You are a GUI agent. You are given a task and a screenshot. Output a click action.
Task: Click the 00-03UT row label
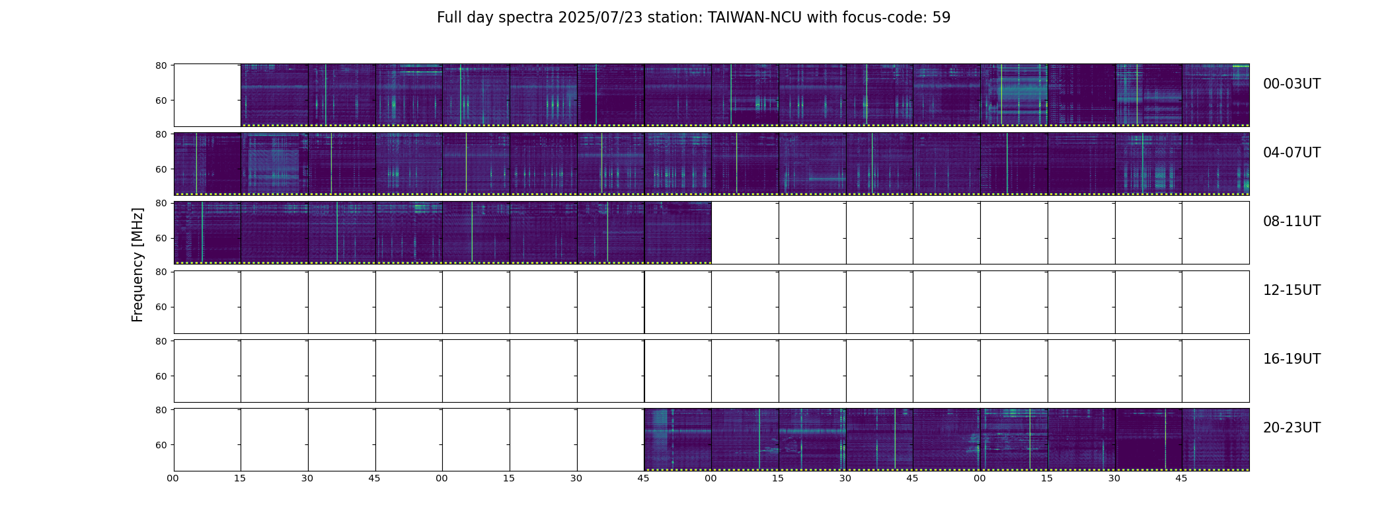coord(1292,84)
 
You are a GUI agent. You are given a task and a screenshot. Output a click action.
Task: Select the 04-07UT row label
coord(1292,153)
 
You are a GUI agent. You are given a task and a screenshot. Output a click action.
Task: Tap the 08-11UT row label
coord(1292,222)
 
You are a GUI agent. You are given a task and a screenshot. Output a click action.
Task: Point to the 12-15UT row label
coord(1292,290)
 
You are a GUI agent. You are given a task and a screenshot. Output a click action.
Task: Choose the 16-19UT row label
coord(1292,359)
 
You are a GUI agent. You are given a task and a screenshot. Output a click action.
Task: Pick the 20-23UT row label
coord(1292,428)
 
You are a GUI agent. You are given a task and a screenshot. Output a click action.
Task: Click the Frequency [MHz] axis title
coord(137,264)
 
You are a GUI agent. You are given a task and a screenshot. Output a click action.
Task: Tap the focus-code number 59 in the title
coord(941,18)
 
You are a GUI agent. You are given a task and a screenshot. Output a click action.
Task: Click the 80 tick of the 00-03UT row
coord(161,65)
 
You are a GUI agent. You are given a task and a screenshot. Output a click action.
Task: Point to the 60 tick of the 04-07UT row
coord(161,169)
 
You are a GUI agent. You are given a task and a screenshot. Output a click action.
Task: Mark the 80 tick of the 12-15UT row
coord(161,272)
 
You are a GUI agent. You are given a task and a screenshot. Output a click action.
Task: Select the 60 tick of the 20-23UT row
coord(161,445)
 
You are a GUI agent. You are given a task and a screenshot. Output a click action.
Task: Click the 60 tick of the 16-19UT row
coord(161,376)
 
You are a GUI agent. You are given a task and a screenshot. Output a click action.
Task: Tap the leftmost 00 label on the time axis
coord(173,478)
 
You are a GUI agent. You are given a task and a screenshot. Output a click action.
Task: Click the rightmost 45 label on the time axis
coord(1181,478)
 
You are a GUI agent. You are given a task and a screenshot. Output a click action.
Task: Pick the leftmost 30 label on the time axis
coord(307,478)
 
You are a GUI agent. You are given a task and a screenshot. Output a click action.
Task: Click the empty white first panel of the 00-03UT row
coord(208,95)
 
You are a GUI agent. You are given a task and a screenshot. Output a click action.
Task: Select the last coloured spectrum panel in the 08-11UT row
coord(677,233)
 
